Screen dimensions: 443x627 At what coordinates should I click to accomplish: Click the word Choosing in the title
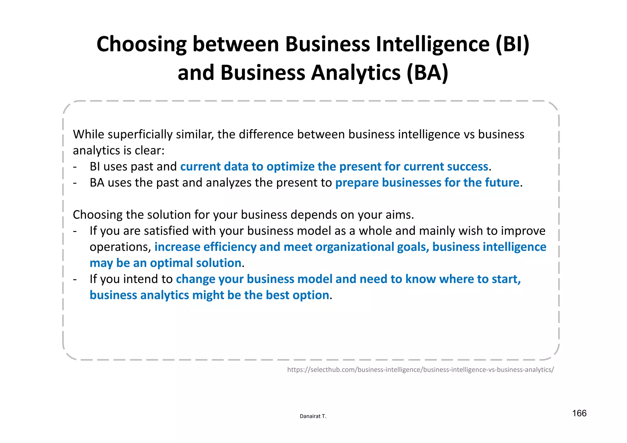(141, 44)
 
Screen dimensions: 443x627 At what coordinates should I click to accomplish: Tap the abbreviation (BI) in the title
(512, 44)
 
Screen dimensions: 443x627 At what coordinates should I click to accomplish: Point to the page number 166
(579, 413)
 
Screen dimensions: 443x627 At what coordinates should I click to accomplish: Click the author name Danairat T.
(313, 416)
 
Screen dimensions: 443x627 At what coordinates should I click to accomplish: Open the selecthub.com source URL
(420, 370)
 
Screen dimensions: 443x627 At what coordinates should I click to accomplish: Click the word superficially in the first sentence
(140, 135)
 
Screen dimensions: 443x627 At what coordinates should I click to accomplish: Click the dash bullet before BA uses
(75, 183)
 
